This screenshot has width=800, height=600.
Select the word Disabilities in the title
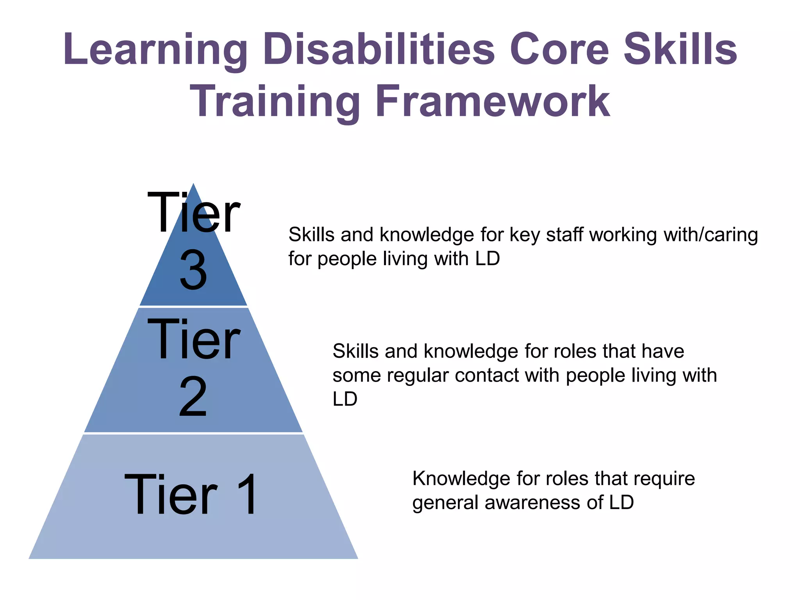379,50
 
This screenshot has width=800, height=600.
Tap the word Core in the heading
559,50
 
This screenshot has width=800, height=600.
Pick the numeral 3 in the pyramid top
193,270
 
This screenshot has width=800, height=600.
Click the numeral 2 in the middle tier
193,397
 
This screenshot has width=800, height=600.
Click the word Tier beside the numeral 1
171,495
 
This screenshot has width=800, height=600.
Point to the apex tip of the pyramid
193,184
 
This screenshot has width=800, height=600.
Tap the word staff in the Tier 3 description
565,235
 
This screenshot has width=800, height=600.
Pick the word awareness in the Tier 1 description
532,502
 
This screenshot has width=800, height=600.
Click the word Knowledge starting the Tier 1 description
461,479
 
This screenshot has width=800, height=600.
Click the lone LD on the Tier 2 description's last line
345,399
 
